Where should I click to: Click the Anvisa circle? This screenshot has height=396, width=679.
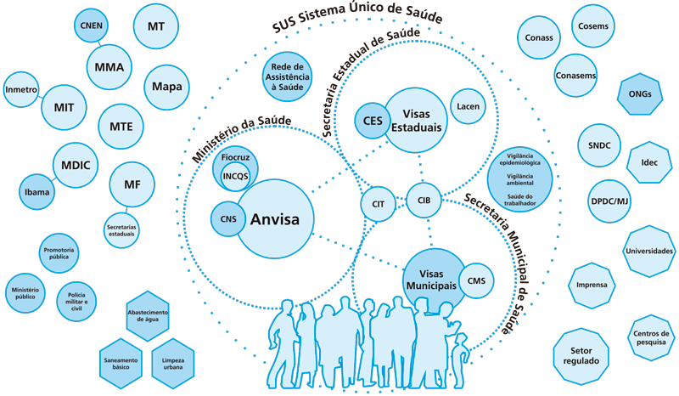[275, 219]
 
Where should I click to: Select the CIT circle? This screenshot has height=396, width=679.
[378, 204]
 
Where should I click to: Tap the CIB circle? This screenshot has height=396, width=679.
[424, 200]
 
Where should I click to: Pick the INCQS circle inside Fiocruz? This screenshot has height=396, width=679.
[236, 177]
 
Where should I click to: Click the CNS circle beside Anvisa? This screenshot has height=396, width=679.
[227, 219]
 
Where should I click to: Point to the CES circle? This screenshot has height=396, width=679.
[373, 121]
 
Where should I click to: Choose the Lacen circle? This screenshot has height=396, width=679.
[469, 106]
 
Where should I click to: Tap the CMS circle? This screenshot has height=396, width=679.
[476, 280]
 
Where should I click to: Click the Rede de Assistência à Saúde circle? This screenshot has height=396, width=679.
[288, 76]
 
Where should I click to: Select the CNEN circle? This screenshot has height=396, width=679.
[92, 25]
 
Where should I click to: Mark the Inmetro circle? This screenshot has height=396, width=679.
[21, 90]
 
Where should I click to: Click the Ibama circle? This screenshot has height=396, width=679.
[36, 192]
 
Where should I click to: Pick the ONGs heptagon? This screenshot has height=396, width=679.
[640, 94]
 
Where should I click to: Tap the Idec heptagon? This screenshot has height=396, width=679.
[649, 162]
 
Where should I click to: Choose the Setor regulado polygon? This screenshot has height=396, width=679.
[581, 356]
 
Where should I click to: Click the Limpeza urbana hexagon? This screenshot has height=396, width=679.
[173, 364]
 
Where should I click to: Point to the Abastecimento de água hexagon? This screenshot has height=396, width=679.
[148, 316]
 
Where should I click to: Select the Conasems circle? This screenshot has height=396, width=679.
[575, 76]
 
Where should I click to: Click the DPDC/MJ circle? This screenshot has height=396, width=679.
[609, 201]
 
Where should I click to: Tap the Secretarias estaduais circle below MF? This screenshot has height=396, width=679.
[121, 230]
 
